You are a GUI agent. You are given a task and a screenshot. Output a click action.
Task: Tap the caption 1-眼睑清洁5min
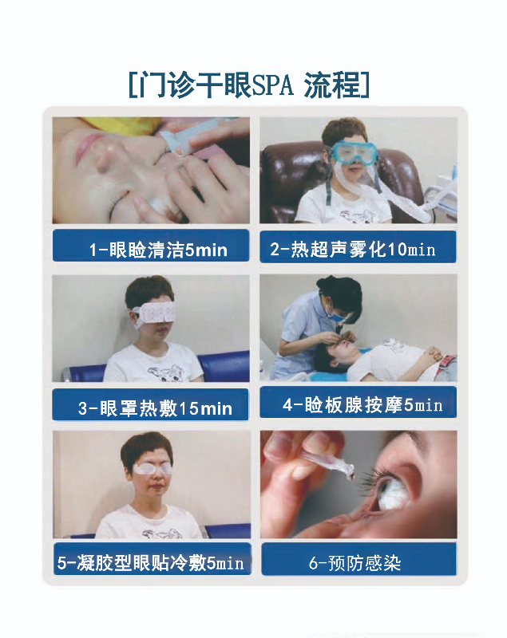[x=158, y=250]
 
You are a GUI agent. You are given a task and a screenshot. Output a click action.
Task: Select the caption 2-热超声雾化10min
[x=353, y=249]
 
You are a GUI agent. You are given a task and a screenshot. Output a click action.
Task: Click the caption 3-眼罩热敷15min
[x=155, y=408]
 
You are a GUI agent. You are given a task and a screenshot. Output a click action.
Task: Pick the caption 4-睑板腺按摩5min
[x=362, y=405]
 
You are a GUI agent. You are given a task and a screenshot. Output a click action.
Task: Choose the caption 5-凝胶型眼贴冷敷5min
[x=151, y=563]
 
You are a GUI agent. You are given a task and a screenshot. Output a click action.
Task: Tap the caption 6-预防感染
[x=355, y=563]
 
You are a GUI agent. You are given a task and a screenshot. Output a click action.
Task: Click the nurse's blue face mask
[x=336, y=313]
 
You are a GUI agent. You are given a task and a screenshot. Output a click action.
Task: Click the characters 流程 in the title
[x=333, y=85]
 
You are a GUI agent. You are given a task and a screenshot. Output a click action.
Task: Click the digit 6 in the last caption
[x=313, y=564]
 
